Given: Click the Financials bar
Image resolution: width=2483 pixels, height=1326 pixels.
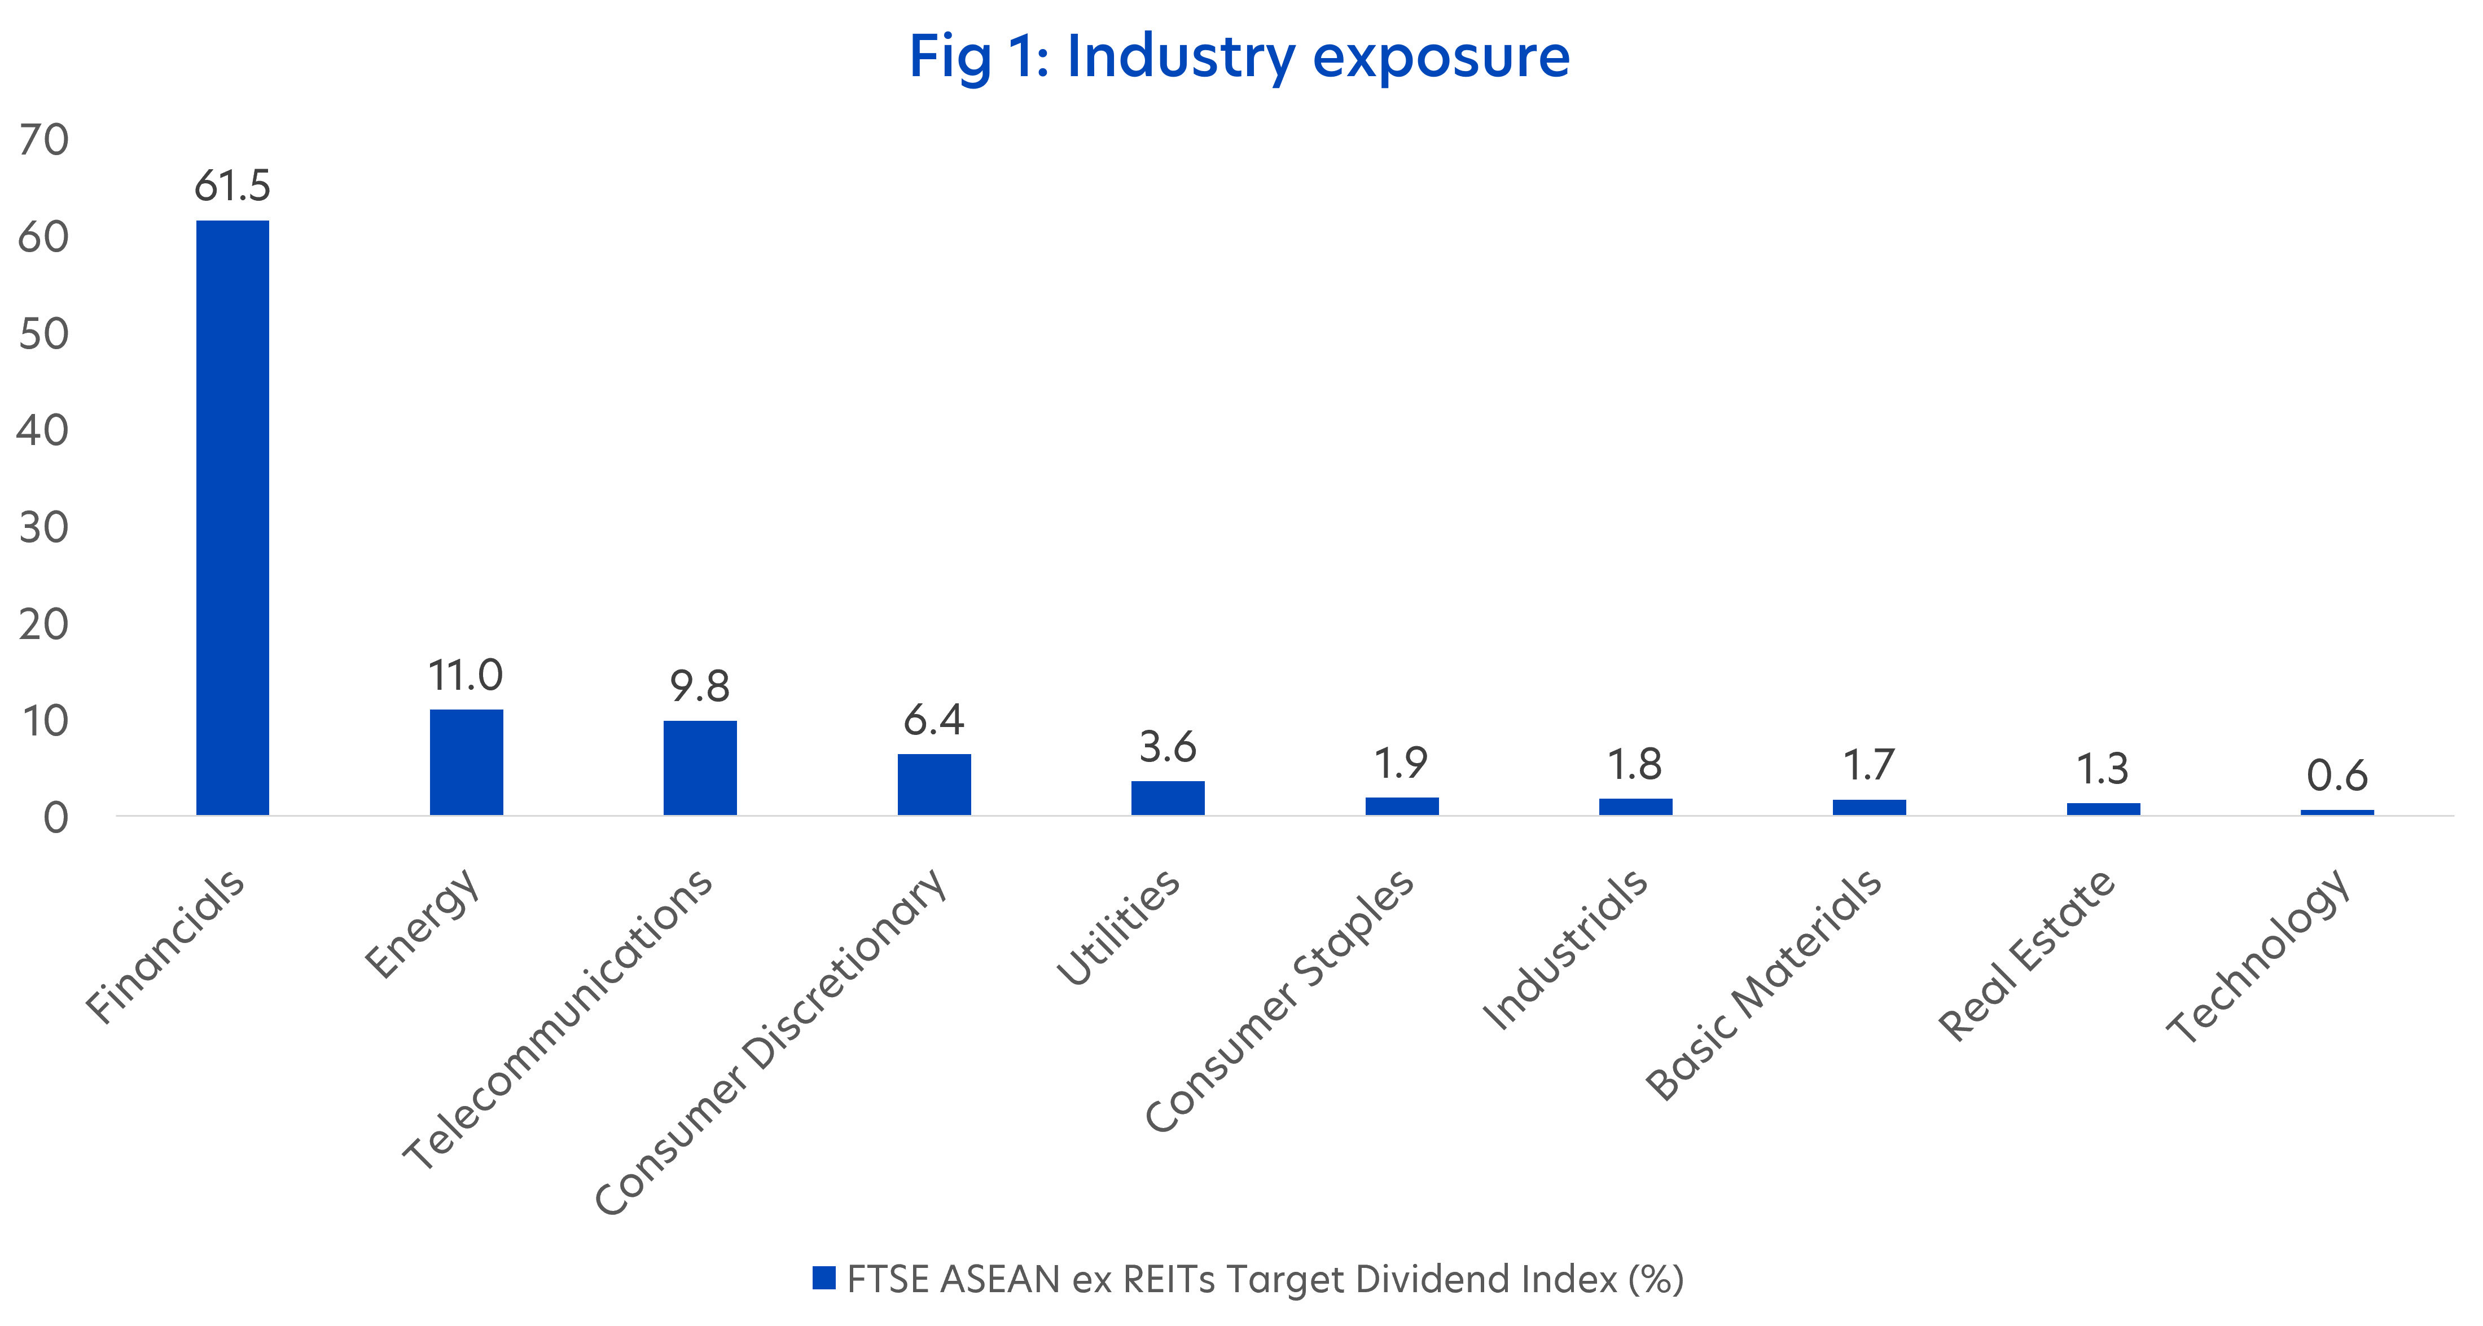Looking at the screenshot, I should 232,518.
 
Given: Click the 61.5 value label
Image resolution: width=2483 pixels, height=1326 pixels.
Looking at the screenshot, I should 232,185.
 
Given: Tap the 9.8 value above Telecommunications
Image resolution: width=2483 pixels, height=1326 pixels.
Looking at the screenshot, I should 700,686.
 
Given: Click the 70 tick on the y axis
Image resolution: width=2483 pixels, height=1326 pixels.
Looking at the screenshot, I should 43,140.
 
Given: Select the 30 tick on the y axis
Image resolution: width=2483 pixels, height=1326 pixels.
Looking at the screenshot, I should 43,528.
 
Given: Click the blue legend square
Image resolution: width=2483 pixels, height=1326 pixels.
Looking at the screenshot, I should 824,1278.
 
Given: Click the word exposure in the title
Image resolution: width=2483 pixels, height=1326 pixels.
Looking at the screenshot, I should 1441,58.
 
